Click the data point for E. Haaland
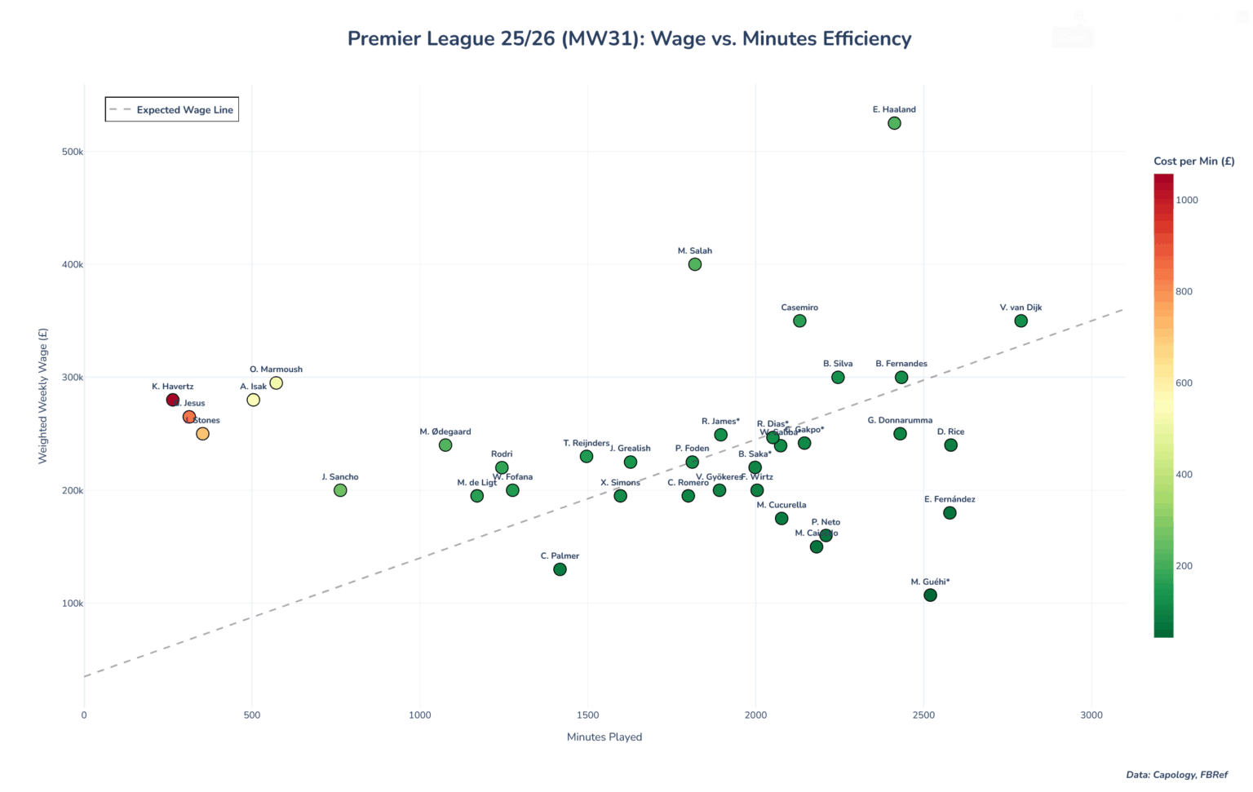click(x=894, y=123)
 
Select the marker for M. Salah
click(x=695, y=264)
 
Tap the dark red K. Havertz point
click(x=173, y=400)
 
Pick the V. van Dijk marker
click(x=1021, y=321)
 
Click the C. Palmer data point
click(x=560, y=569)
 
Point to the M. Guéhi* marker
click(x=930, y=595)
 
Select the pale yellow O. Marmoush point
click(x=276, y=383)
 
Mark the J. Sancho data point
click(x=340, y=490)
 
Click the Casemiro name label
click(x=799, y=308)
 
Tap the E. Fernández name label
click(x=950, y=499)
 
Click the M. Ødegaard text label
click(x=445, y=431)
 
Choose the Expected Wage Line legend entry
click(x=172, y=110)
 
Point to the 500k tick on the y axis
click(x=73, y=152)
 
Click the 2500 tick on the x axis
click(x=923, y=715)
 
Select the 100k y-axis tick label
click(x=73, y=604)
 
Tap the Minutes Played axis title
click(x=604, y=737)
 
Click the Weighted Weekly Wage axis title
click(x=43, y=396)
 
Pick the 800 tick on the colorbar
click(x=1184, y=291)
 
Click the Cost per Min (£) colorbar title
click(x=1193, y=161)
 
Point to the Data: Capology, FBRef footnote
click(x=1176, y=775)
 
